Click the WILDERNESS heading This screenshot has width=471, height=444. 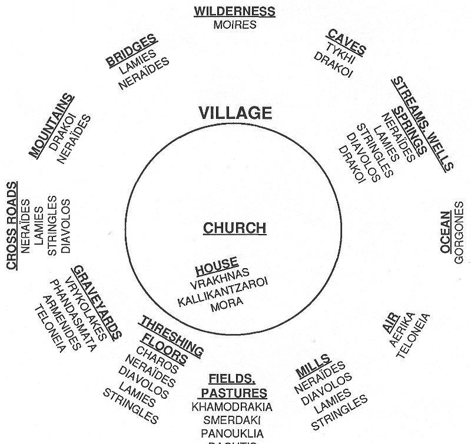pyautogui.click(x=234, y=11)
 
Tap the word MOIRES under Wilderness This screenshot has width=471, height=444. pyautogui.click(x=234, y=24)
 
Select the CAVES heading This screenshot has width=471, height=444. pyautogui.click(x=346, y=42)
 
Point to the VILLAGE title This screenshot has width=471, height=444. pyautogui.click(x=235, y=113)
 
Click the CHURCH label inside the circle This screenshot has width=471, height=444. pyautogui.click(x=234, y=228)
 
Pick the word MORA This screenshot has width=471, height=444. pyautogui.click(x=226, y=306)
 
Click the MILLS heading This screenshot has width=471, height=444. pyautogui.click(x=313, y=366)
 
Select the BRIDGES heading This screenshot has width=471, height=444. pyautogui.click(x=132, y=52)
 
